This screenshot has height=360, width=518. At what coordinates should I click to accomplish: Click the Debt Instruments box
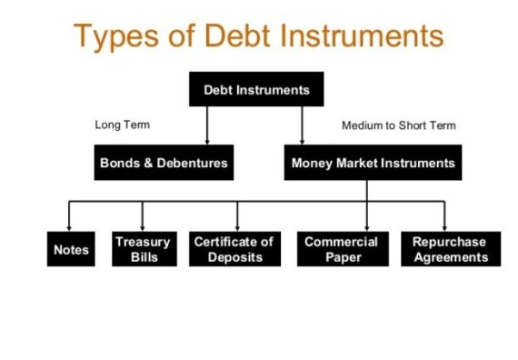[x=256, y=90]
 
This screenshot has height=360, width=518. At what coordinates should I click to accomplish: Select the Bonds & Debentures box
[x=162, y=164]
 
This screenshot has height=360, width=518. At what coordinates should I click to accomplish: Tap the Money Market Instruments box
[x=373, y=164]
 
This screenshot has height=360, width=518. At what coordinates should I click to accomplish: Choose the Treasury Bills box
[x=143, y=249]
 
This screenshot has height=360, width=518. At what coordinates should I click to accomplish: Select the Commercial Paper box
[x=341, y=249]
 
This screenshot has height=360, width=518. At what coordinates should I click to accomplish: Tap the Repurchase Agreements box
[x=449, y=249]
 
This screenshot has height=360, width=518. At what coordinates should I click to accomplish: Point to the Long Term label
[x=122, y=125]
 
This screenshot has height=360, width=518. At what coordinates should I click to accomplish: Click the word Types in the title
[x=115, y=35]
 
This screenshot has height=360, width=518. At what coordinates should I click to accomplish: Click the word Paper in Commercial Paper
[x=341, y=257]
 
